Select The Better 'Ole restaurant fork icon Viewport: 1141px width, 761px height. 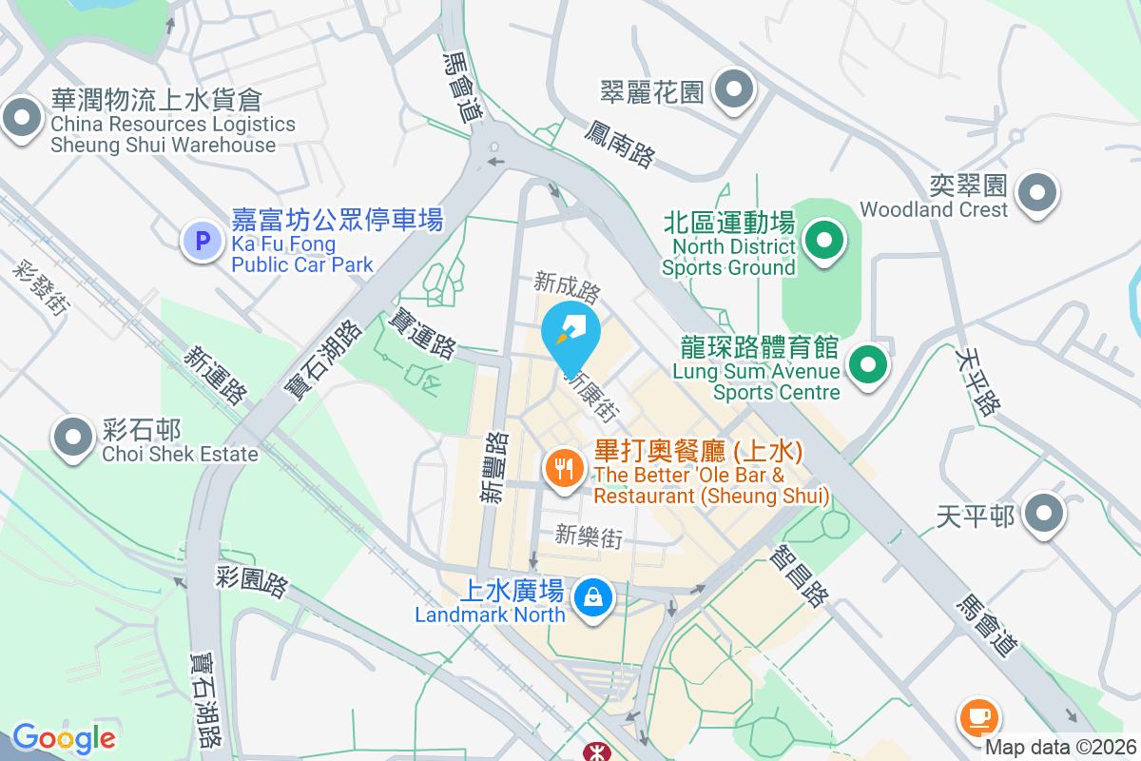565,468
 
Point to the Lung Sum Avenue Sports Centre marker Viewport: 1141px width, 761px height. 866,364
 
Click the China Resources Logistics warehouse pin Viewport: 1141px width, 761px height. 20,120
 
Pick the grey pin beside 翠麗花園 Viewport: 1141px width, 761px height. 733,91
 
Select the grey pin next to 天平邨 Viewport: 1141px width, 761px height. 1045,515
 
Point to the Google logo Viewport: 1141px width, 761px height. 64,738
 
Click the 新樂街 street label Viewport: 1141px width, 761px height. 590,537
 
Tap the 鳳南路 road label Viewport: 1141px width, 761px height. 621,144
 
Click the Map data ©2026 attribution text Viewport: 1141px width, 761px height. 1060,748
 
